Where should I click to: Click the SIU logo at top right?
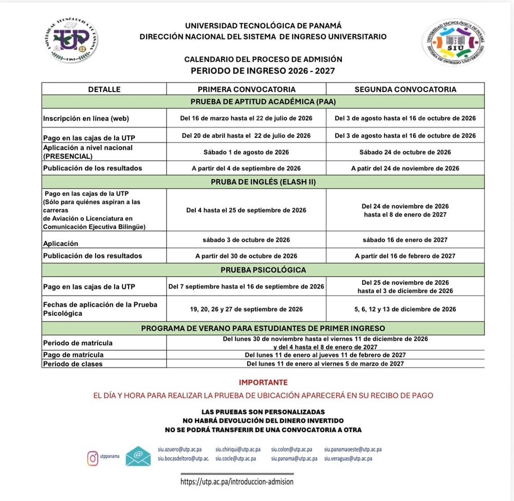click(x=453, y=41)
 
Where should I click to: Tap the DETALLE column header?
click(x=104, y=89)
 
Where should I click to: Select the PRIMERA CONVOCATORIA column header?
click(x=246, y=89)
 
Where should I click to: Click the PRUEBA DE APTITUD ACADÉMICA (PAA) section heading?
click(x=263, y=101)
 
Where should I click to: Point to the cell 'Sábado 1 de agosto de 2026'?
click(x=246, y=152)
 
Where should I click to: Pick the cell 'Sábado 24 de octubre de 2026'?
click(x=405, y=152)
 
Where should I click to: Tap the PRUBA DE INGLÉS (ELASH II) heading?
click(x=263, y=182)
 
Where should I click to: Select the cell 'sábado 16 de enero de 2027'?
click(x=405, y=240)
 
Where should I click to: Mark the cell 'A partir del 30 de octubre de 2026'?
click(x=246, y=256)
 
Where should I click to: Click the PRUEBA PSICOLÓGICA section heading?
click(x=263, y=270)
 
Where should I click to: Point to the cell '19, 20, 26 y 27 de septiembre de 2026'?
click(x=246, y=309)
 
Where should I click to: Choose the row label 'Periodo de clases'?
click(x=73, y=364)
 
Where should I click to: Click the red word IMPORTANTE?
click(x=263, y=383)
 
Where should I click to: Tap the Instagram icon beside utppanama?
click(x=93, y=458)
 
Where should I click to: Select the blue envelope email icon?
click(x=138, y=456)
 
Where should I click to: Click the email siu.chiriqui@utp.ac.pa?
click(x=238, y=450)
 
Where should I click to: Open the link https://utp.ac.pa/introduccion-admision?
click(x=237, y=482)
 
